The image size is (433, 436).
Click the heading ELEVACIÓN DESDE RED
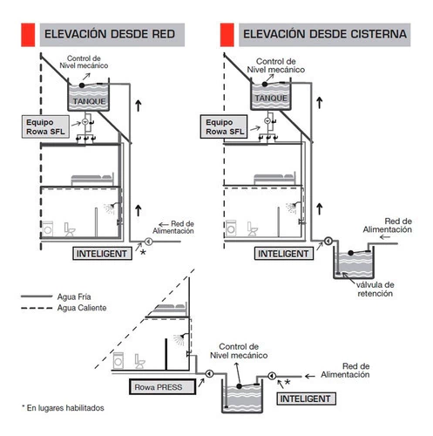[x=110, y=34]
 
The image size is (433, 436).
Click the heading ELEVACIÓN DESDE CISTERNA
[x=325, y=34]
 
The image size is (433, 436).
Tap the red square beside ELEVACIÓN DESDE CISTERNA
[x=227, y=35]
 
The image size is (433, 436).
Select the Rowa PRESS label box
[x=162, y=387]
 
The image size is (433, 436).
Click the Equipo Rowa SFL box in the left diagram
[x=45, y=126]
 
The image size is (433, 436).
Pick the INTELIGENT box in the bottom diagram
[x=306, y=399]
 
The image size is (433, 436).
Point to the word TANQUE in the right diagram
[x=271, y=99]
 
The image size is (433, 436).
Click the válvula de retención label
[x=375, y=289]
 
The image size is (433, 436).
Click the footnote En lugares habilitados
[x=63, y=408]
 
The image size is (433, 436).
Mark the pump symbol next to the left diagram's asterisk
[x=148, y=242]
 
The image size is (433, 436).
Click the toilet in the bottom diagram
[x=139, y=361]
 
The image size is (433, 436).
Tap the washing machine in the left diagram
[x=48, y=228]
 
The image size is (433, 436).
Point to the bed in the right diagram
[x=274, y=179]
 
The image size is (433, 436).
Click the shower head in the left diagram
[x=110, y=208]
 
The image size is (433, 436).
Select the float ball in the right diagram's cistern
[x=351, y=253]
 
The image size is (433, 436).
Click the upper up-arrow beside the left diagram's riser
[x=139, y=106]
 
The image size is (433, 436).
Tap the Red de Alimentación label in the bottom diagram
[x=345, y=371]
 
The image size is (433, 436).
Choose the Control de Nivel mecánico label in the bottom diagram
[x=239, y=351]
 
